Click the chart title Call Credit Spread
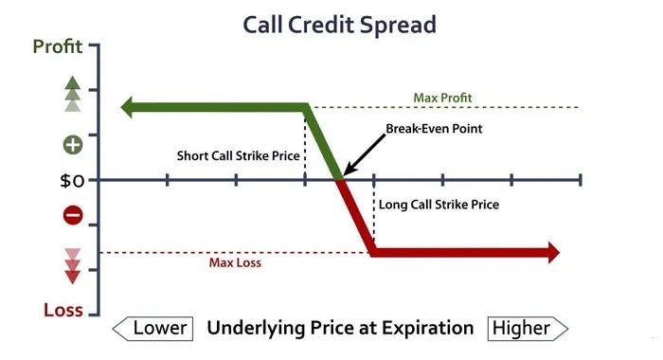click(x=339, y=26)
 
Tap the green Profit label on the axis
click(x=58, y=46)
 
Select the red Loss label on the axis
click(x=63, y=310)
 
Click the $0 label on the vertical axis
click(x=72, y=181)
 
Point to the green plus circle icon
click(x=73, y=145)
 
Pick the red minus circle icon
click(x=73, y=216)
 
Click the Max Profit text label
click(x=442, y=99)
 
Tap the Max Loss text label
click(x=235, y=262)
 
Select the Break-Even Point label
click(x=434, y=128)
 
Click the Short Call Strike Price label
click(x=239, y=155)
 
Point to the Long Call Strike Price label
click(x=439, y=205)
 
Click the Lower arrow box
click(x=152, y=329)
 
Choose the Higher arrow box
click(x=528, y=329)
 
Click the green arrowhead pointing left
click(x=127, y=107)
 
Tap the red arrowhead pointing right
click(x=553, y=253)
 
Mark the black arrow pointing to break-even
click(x=364, y=154)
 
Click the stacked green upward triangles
click(x=73, y=94)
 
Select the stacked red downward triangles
click(x=73, y=266)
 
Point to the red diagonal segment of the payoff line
click(x=356, y=217)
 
